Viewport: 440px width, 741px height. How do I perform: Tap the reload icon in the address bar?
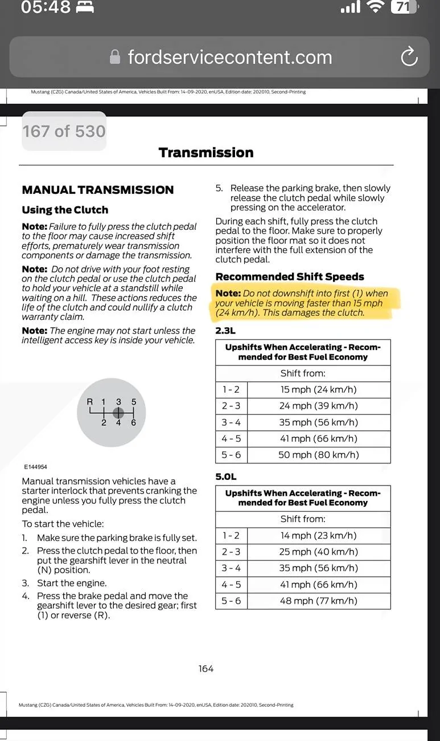click(x=409, y=56)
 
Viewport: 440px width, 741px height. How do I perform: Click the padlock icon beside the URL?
click(x=115, y=56)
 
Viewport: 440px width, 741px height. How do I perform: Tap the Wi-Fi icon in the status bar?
click(x=375, y=7)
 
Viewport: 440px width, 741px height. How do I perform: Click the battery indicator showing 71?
click(x=404, y=7)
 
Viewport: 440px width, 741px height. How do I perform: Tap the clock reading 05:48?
click(x=46, y=7)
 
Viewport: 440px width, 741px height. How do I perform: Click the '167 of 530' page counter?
click(x=64, y=131)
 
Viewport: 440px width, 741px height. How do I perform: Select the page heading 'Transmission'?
click(x=206, y=153)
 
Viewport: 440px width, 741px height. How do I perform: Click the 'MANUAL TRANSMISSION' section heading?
click(x=98, y=190)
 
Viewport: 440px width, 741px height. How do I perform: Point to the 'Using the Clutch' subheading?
click(x=65, y=210)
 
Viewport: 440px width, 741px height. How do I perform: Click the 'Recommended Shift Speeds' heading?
click(x=290, y=276)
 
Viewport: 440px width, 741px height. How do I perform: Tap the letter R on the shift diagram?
click(x=89, y=402)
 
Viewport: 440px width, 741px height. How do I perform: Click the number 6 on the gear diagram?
click(x=133, y=422)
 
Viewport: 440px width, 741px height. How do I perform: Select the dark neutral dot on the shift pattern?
click(x=118, y=413)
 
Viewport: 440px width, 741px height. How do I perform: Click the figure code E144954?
click(x=36, y=467)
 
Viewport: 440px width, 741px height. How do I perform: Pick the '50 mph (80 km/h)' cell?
click(x=319, y=455)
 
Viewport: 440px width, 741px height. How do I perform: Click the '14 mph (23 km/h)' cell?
click(x=319, y=536)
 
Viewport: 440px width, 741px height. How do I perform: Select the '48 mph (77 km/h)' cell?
click(x=319, y=601)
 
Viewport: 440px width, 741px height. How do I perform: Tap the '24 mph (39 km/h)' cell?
click(x=319, y=406)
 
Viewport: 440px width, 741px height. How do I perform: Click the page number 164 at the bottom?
click(x=206, y=669)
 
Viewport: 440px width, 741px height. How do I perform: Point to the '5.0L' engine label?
click(x=226, y=477)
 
